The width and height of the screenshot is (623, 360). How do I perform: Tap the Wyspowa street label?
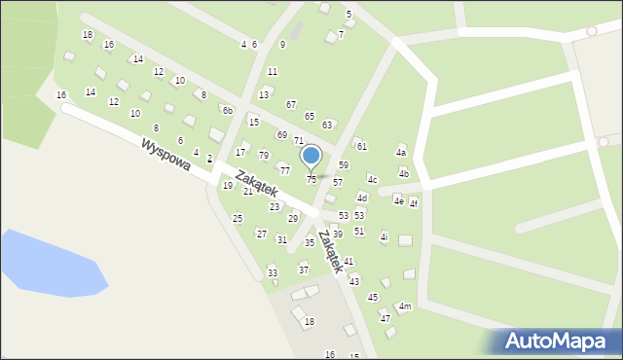tap(164, 157)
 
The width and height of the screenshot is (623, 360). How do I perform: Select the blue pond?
tap(49, 264)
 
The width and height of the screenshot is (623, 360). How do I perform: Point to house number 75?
tap(311, 180)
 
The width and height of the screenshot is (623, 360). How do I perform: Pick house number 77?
tap(285, 170)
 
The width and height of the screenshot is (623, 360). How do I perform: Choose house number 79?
tap(264, 156)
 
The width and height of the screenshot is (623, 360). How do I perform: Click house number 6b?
tap(227, 111)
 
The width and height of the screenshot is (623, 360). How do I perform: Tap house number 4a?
tap(400, 153)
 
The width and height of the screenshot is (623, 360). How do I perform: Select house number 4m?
tap(405, 306)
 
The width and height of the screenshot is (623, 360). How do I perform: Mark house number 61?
tap(362, 146)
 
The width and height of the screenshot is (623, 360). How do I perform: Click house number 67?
tap(291, 104)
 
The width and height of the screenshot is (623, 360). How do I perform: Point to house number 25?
tap(238, 218)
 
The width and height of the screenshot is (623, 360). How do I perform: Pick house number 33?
tap(273, 271)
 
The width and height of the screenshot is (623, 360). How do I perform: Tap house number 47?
tap(385, 318)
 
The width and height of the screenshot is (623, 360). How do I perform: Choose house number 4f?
tap(413, 203)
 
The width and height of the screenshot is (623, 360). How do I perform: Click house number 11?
tap(273, 71)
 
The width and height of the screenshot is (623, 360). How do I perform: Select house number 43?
tap(354, 281)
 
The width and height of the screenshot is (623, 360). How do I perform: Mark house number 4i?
tap(384, 237)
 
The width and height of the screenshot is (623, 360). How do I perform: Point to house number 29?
tap(293, 218)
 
